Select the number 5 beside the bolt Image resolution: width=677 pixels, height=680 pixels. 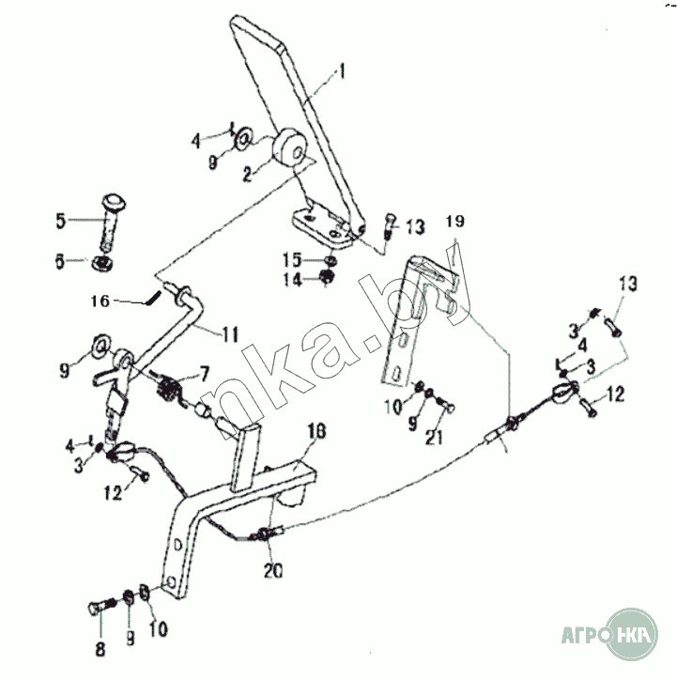[60, 222]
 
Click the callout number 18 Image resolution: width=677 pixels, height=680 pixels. [315, 431]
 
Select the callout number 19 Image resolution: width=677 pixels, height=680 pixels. [454, 223]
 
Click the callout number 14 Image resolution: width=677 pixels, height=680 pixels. [293, 279]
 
